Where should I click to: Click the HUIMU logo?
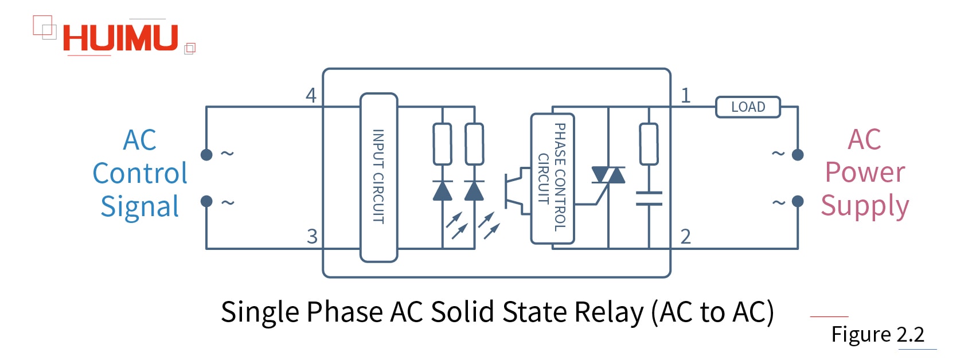point(120,38)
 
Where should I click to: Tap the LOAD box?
point(748,107)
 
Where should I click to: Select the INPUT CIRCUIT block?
point(378,177)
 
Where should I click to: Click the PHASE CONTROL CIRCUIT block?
point(552,178)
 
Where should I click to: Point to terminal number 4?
point(311,95)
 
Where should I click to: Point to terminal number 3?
point(312,236)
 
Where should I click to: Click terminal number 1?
point(685,95)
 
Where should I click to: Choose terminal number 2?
point(685,236)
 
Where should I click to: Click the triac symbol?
point(608,175)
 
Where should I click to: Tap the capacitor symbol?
point(649,198)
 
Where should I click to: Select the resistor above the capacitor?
point(649,144)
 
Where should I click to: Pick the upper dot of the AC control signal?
point(206,154)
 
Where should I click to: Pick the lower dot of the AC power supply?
point(798,201)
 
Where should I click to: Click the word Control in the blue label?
point(140,173)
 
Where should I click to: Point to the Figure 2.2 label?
point(877,334)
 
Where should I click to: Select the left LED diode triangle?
point(442,191)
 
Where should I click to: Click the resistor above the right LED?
point(474,144)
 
